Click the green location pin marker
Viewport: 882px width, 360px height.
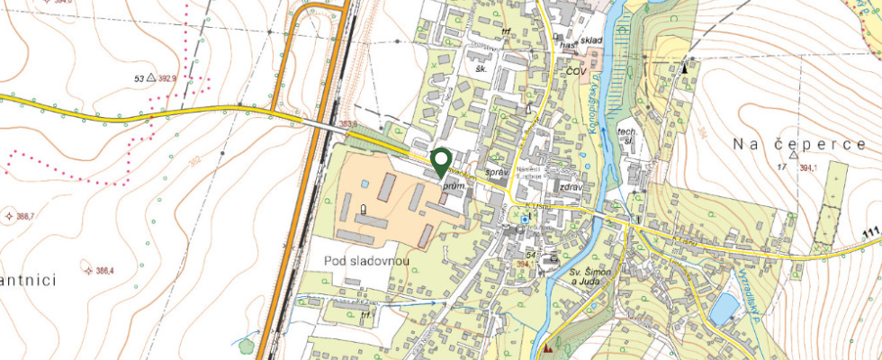[440, 162]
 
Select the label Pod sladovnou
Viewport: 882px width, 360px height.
[365, 261]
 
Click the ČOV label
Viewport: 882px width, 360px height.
[575, 69]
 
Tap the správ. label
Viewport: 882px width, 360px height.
[497, 171]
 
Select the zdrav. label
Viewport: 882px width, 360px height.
[572, 186]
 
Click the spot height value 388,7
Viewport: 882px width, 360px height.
[24, 216]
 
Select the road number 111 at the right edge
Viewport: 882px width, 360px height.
[870, 234]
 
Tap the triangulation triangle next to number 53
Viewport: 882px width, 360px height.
[151, 78]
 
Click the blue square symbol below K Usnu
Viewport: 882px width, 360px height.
[526, 219]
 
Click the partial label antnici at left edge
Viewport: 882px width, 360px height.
[29, 281]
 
